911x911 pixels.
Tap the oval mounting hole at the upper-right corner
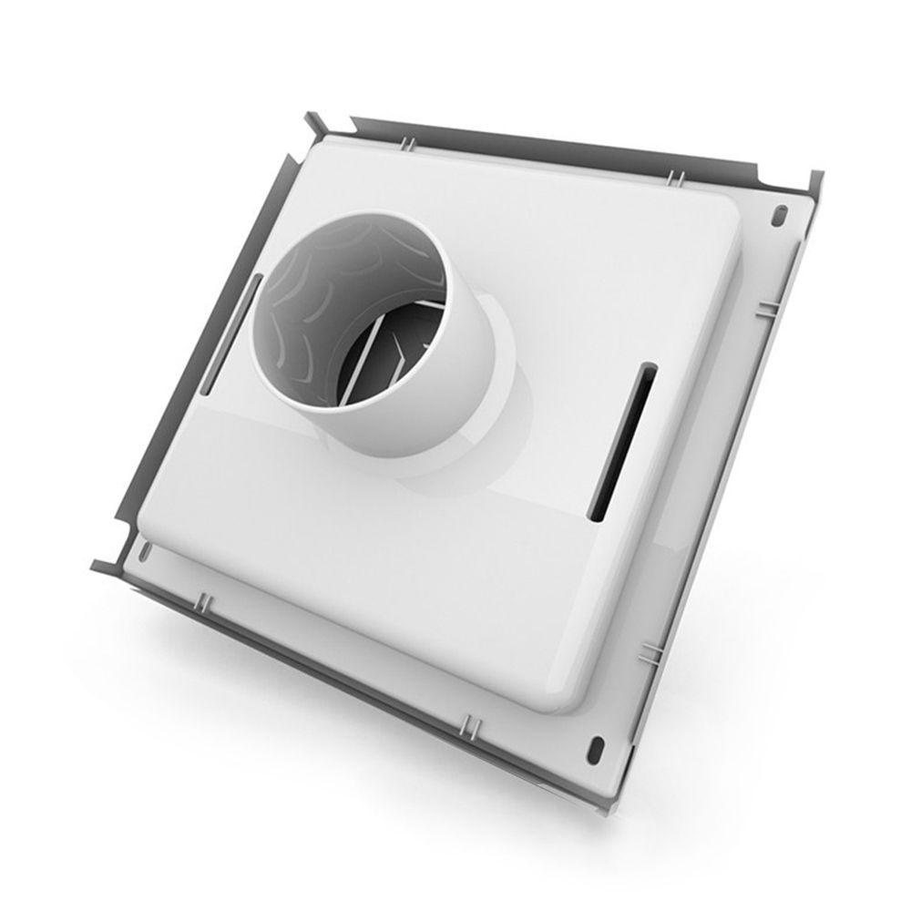[x=781, y=217]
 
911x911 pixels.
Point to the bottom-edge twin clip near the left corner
[x=202, y=601]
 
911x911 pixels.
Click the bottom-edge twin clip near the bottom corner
[x=468, y=725]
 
